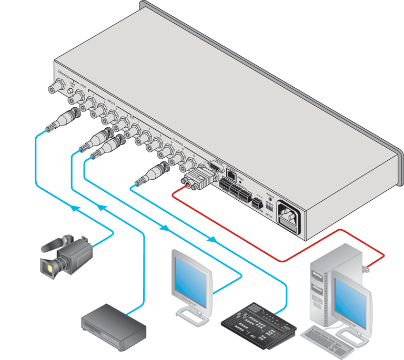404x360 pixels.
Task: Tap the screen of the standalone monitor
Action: [x=191, y=282]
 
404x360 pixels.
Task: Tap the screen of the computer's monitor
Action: [x=347, y=297]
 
